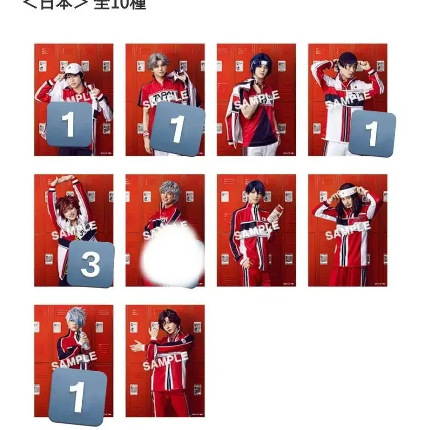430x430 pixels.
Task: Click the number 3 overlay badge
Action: (90, 264)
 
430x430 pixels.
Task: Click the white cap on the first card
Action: (74, 68)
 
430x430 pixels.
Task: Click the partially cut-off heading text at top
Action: (84, 5)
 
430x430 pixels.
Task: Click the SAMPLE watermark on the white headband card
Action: (347, 231)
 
